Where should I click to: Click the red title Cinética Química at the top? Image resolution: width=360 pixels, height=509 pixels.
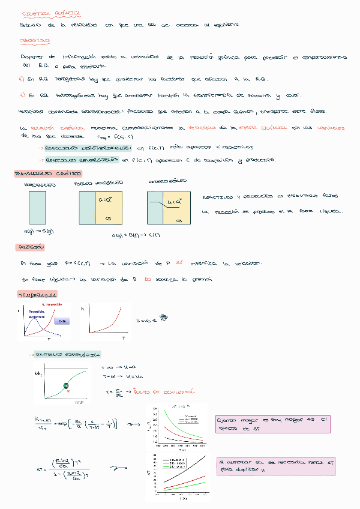point(43,13)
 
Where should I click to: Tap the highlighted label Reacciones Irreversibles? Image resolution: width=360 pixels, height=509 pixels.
point(88,147)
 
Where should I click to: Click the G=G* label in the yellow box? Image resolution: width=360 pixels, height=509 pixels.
point(106,200)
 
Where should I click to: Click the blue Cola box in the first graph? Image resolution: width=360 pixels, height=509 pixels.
point(63,321)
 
